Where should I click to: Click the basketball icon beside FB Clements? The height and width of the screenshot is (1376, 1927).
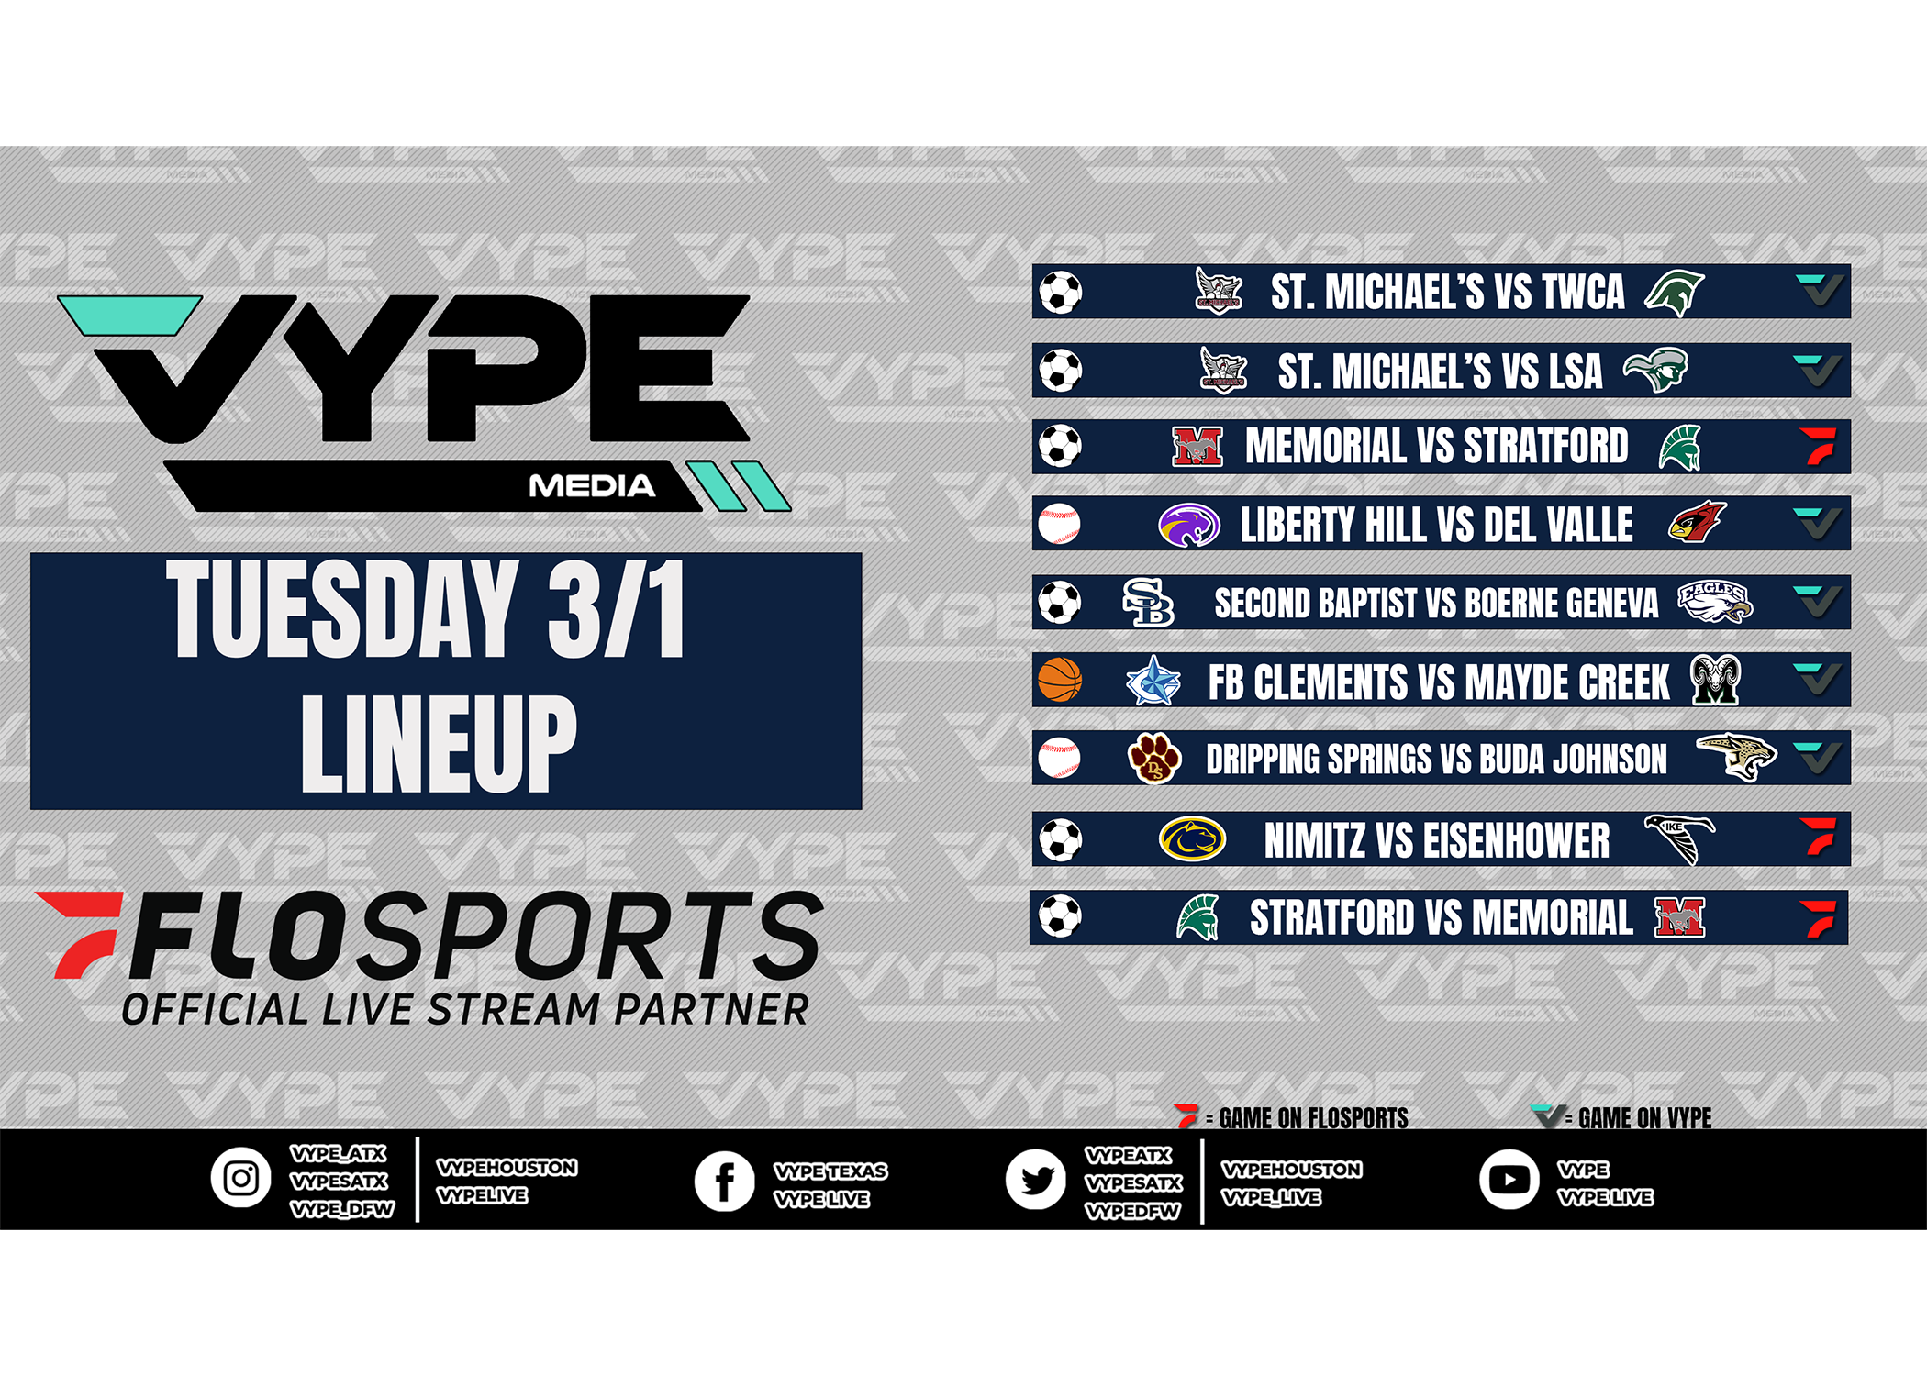click(x=1060, y=680)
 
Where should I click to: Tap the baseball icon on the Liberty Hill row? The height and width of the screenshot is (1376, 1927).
click(x=1060, y=525)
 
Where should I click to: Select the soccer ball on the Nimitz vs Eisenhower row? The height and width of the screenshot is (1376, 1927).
click(x=1061, y=839)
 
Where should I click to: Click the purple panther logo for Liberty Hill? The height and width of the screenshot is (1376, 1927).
click(x=1189, y=525)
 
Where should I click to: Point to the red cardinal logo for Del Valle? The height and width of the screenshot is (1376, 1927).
click(x=1697, y=522)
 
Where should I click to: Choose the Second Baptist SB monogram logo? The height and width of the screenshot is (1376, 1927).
click(x=1149, y=602)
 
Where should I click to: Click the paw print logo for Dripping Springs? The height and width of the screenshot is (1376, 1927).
click(x=1154, y=758)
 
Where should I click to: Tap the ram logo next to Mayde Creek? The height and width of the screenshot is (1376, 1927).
click(x=1716, y=680)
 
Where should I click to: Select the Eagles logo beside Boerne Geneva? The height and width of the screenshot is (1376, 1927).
click(x=1715, y=601)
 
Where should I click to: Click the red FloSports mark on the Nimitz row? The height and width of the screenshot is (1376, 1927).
click(x=1818, y=836)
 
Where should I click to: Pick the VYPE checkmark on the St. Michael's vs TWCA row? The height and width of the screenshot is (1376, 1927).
click(x=1820, y=290)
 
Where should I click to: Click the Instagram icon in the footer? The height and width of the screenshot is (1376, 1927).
click(x=241, y=1178)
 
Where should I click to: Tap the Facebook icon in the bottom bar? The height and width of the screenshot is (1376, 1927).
click(x=724, y=1182)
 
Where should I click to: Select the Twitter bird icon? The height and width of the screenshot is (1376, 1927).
click(x=1035, y=1180)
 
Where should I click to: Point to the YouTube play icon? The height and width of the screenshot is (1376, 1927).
click(x=1509, y=1180)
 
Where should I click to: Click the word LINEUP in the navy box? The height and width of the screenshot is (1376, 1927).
click(x=440, y=744)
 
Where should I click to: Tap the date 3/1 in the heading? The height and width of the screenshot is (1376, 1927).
click(x=617, y=608)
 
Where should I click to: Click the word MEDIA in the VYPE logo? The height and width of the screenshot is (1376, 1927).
click(x=592, y=486)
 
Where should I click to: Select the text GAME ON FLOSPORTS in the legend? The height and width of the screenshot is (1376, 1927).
click(x=1313, y=1118)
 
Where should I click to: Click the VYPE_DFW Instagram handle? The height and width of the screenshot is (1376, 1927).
click(x=342, y=1210)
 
